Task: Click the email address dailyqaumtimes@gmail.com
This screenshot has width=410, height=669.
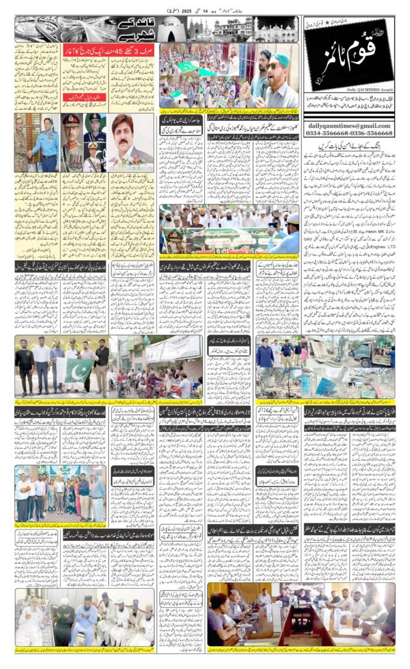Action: [349, 125]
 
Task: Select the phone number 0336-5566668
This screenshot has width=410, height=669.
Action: [371, 134]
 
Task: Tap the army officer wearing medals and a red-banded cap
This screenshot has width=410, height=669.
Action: [72, 144]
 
